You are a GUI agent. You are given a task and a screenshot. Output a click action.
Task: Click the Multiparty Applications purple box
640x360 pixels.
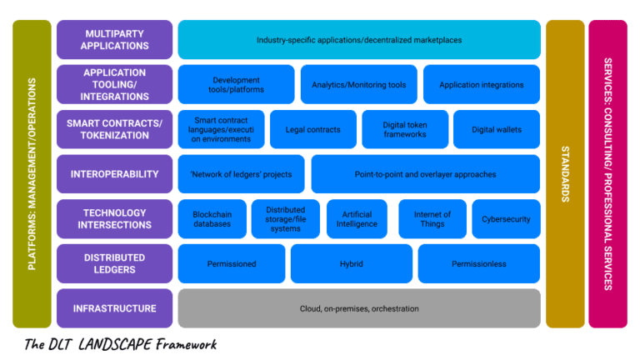114,39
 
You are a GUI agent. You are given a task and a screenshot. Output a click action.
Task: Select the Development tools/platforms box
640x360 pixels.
236,84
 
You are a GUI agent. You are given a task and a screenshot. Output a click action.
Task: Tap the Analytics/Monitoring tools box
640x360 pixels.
358,84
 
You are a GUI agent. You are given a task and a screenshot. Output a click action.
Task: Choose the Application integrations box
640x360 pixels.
481,84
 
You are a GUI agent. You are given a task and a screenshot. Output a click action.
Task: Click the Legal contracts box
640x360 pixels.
312,129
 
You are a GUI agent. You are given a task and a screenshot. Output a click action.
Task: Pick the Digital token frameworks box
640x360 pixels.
405,129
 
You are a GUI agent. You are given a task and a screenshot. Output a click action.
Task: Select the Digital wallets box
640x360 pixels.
496,129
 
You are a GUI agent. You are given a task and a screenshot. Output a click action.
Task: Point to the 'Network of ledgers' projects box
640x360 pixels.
241,174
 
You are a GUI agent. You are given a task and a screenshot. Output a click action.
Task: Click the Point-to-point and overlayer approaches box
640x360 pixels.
425,174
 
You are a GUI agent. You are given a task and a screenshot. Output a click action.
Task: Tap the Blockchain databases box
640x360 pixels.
212,219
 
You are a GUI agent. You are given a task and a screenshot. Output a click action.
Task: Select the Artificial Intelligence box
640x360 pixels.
357,219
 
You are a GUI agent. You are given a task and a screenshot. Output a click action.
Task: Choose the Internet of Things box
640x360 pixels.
432,219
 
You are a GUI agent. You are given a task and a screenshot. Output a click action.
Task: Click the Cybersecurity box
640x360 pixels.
506,219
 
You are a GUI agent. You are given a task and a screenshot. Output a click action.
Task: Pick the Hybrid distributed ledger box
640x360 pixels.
351,263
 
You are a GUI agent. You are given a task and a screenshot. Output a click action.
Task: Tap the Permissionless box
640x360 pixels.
478,263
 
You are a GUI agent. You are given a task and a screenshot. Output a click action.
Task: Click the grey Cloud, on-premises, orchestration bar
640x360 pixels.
359,308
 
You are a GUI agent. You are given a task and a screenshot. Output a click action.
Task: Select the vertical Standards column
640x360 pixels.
564,174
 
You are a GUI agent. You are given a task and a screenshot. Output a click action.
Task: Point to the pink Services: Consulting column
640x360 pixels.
607,174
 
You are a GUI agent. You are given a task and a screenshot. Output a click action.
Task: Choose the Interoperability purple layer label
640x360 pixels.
114,174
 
